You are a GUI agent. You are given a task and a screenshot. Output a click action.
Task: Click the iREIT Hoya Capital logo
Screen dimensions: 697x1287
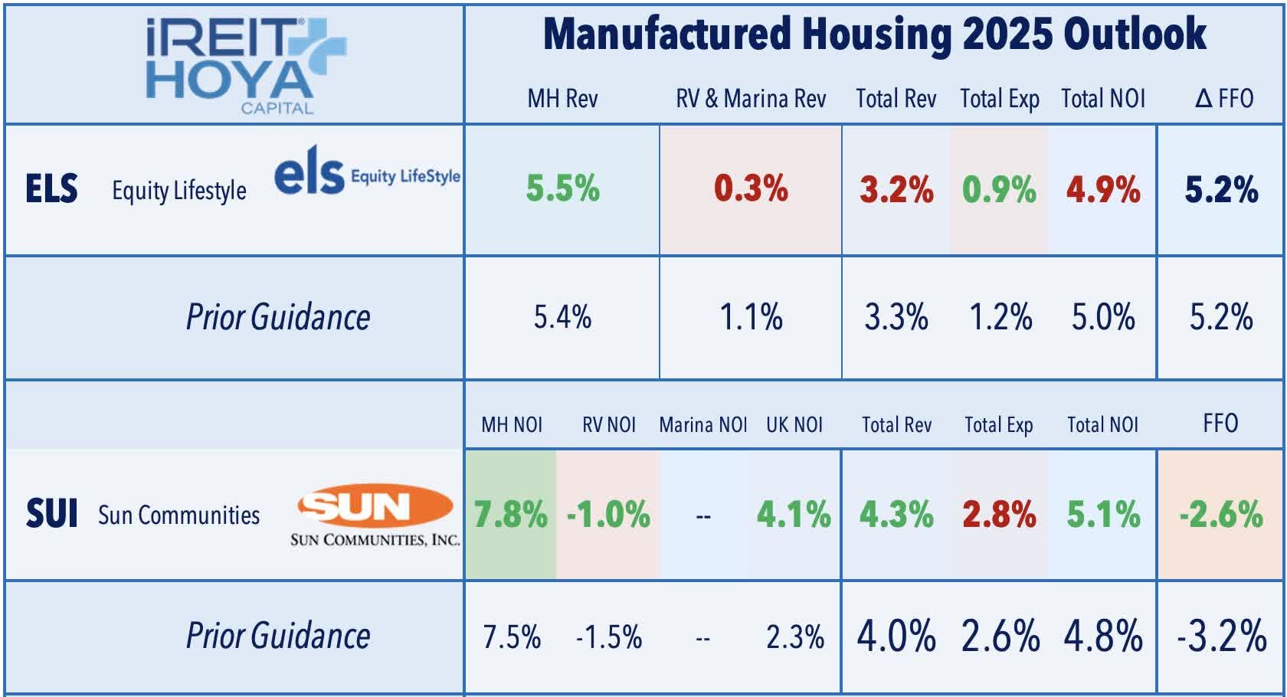point(245,65)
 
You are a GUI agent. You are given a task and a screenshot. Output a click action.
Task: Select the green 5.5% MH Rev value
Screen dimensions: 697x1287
point(562,188)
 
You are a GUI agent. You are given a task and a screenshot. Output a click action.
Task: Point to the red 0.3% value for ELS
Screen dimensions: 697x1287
point(751,188)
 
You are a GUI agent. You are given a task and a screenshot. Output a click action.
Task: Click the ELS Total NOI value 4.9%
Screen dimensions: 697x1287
point(1103,189)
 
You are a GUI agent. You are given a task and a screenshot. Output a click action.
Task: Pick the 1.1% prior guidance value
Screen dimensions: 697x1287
point(751,316)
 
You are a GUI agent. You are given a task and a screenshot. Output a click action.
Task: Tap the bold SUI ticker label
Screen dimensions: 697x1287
point(51,513)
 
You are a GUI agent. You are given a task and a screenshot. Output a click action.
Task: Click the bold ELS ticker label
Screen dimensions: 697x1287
point(51,188)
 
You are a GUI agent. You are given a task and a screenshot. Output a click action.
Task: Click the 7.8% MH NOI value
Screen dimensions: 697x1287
point(510,514)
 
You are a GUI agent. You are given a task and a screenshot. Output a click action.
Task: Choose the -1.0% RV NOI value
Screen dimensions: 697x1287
point(608,514)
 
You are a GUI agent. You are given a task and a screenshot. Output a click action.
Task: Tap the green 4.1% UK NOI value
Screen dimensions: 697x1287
point(794,514)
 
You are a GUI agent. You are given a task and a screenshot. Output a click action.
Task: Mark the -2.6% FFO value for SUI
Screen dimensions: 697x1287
point(1221,514)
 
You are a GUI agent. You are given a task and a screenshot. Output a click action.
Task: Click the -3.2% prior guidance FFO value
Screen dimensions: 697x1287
point(1221,636)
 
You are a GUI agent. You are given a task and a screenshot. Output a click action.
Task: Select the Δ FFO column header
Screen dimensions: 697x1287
point(1223,99)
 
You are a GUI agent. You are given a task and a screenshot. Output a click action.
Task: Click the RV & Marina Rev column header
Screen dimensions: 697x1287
point(751,99)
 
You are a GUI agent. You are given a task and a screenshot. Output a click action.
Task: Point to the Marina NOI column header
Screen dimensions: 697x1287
point(702,425)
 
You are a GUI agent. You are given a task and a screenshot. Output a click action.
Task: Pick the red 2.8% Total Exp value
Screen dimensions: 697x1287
point(999,514)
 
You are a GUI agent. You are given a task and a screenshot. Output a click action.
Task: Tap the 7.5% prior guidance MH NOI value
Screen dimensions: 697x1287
point(512,636)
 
